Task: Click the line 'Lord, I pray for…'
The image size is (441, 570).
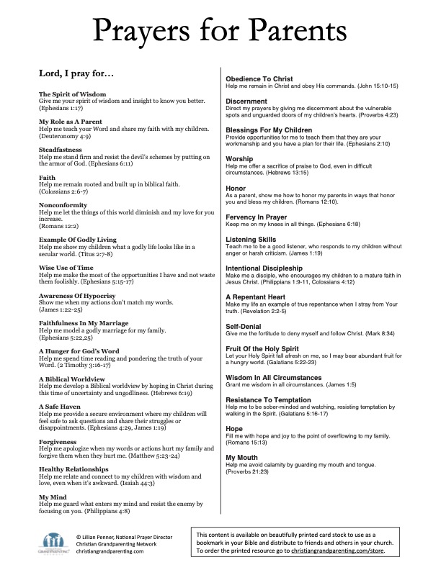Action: (x=75, y=74)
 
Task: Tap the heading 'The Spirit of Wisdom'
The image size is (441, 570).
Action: (x=72, y=94)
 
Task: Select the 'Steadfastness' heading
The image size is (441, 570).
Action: (x=61, y=150)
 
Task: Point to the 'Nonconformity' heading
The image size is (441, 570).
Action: (x=63, y=205)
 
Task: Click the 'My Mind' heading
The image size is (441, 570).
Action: (x=53, y=497)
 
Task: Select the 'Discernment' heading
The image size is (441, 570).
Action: (x=247, y=101)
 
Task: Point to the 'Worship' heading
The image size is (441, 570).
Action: (x=239, y=158)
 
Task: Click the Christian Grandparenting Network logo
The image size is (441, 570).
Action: (x=52, y=541)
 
